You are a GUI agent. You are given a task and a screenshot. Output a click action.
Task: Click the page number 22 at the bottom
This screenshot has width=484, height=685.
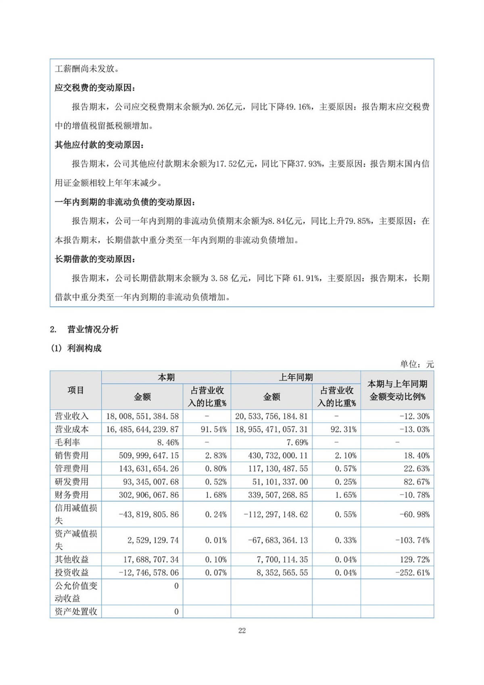point(242,631)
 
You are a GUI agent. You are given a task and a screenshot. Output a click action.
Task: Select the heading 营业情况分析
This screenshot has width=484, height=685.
point(93,329)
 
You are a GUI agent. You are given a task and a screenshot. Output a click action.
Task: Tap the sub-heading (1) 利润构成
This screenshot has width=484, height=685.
point(76,348)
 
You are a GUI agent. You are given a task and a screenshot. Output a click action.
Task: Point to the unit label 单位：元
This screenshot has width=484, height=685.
point(417,364)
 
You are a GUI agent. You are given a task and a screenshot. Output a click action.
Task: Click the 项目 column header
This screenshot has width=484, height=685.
point(75,390)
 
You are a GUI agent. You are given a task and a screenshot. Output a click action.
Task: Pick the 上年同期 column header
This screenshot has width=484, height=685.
point(296,377)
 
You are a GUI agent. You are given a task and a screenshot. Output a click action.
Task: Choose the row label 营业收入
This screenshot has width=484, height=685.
point(71,416)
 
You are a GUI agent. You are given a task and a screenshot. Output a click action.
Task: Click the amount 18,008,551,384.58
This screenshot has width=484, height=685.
point(142,416)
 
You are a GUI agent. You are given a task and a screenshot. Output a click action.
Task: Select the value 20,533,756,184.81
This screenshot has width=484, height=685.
point(271,416)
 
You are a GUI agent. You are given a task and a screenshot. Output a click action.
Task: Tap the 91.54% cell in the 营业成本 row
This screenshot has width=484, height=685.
point(214,429)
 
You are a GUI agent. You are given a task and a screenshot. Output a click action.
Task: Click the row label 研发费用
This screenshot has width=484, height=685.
point(71,482)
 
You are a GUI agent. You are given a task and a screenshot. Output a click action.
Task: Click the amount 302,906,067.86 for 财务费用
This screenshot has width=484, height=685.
point(148,495)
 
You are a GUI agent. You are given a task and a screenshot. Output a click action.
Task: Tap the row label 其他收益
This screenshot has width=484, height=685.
point(71,559)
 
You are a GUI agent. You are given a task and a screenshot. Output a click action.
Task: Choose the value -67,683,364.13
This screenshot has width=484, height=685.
point(278,540)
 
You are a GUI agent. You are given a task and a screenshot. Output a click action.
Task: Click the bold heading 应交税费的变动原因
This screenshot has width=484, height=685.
point(95,88)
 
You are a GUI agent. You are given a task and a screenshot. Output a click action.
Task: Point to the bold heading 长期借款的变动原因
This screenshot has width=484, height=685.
point(95,259)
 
